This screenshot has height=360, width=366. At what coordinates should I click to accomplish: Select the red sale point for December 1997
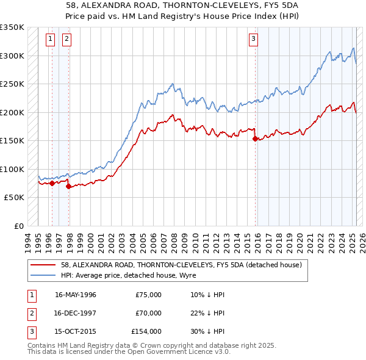pos(68,186)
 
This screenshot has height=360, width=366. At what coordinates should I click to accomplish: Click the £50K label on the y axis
pos(15,198)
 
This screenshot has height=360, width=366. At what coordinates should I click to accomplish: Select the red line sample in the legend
pos(44,265)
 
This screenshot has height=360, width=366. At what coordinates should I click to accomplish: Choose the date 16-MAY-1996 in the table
pos(76,295)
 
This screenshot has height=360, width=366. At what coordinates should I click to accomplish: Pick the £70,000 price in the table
pos(148,313)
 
